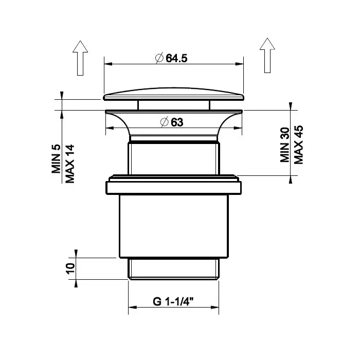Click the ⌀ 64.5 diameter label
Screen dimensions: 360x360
click(171, 58)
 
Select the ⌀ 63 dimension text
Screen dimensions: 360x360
click(172, 122)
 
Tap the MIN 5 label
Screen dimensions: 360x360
click(56, 158)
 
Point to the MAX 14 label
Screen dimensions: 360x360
click(70, 164)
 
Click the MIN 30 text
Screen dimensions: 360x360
click(285, 145)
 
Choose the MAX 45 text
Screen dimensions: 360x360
click(299, 145)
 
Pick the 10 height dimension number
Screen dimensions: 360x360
click(70, 268)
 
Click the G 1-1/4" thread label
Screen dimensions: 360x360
click(173, 301)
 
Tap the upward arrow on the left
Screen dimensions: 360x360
click(80, 58)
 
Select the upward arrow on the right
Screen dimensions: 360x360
click(267, 56)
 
